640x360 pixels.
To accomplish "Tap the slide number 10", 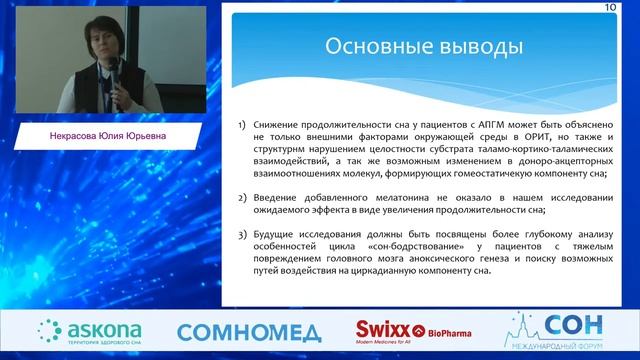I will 609,7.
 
